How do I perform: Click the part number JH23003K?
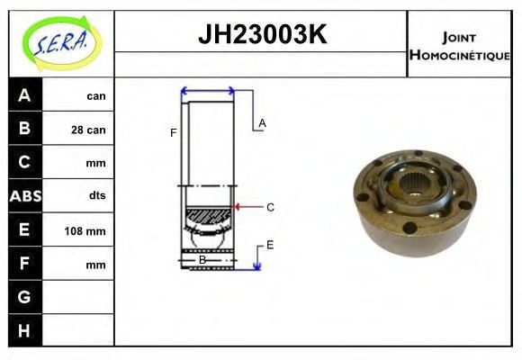pyautogui.click(x=262, y=34)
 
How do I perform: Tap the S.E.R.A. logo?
pyautogui.click(x=62, y=43)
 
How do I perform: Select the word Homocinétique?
pyautogui.click(x=459, y=55)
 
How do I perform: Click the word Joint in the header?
pyautogui.click(x=459, y=38)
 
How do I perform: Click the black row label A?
pyautogui.click(x=24, y=95)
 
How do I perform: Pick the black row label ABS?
pyautogui.click(x=25, y=196)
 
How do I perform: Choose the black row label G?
pyautogui.click(x=24, y=297)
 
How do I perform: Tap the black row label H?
pyautogui.click(x=24, y=330)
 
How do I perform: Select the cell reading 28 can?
pyautogui.click(x=88, y=130)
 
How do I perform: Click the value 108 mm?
pyautogui.click(x=85, y=230)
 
